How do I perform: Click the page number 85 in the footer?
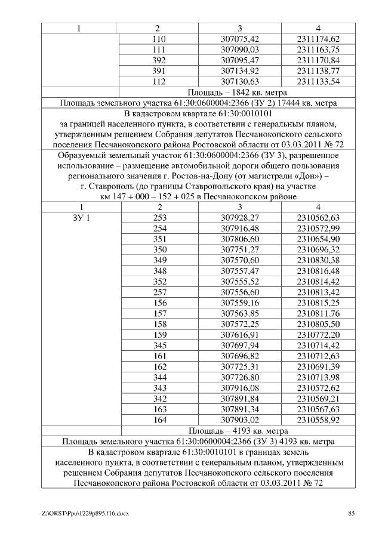point(352,513)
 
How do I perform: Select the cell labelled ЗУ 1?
point(79,218)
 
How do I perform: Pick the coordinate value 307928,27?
point(239,218)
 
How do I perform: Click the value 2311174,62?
point(318,39)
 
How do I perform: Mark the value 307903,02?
point(239,420)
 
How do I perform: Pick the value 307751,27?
point(239,249)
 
